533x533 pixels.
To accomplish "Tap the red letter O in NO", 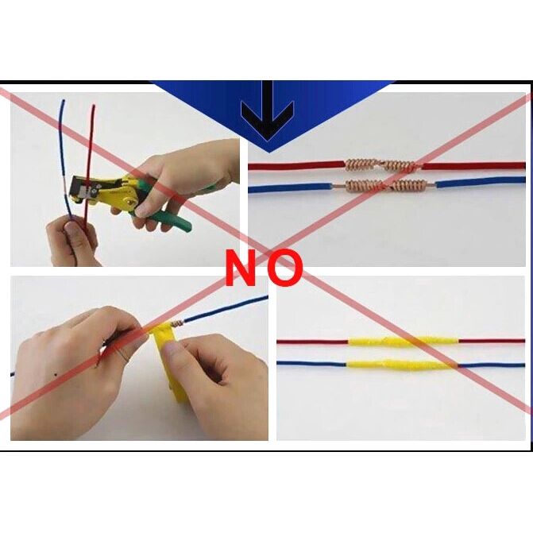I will point(284,268).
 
